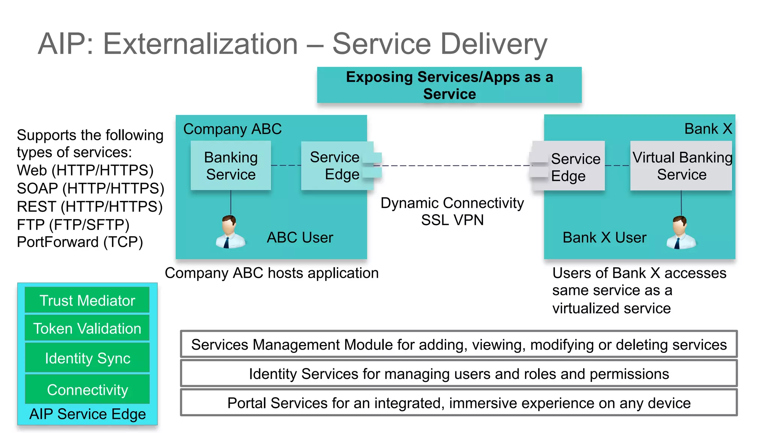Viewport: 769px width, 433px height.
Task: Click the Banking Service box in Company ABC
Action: tap(231, 165)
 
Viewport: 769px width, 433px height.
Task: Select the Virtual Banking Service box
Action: tap(681, 166)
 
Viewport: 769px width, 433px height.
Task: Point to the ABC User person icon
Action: tap(230, 232)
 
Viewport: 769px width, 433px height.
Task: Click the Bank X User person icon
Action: tap(681, 233)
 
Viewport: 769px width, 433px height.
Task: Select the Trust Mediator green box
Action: tap(87, 300)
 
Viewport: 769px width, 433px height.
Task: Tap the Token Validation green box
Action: tap(87, 328)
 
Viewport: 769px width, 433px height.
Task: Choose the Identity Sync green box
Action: tap(87, 358)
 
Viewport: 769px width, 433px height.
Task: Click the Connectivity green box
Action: tap(87, 389)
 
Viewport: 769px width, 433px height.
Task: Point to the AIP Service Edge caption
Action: tap(87, 414)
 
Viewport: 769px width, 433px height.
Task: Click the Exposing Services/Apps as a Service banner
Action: tap(449, 85)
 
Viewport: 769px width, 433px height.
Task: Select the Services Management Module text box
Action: tap(458, 344)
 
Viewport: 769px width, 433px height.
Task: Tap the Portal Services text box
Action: tap(458, 403)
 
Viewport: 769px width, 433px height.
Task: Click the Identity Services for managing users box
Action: tap(458, 374)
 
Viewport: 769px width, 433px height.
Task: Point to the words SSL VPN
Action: tap(452, 220)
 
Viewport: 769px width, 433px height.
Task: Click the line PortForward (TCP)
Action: tap(80, 242)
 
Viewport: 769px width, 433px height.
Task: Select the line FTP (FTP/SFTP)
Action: tap(73, 224)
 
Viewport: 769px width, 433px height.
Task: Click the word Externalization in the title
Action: tap(200, 44)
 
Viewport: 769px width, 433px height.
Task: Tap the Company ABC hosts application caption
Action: tap(271, 273)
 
